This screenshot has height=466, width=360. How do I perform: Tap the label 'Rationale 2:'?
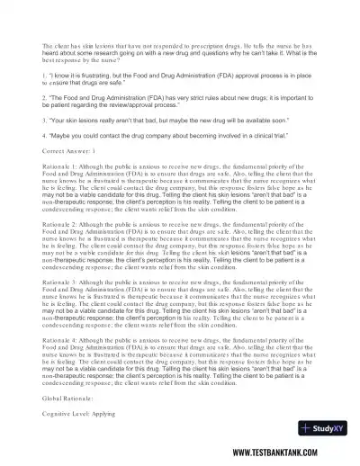click(x=61, y=246)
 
